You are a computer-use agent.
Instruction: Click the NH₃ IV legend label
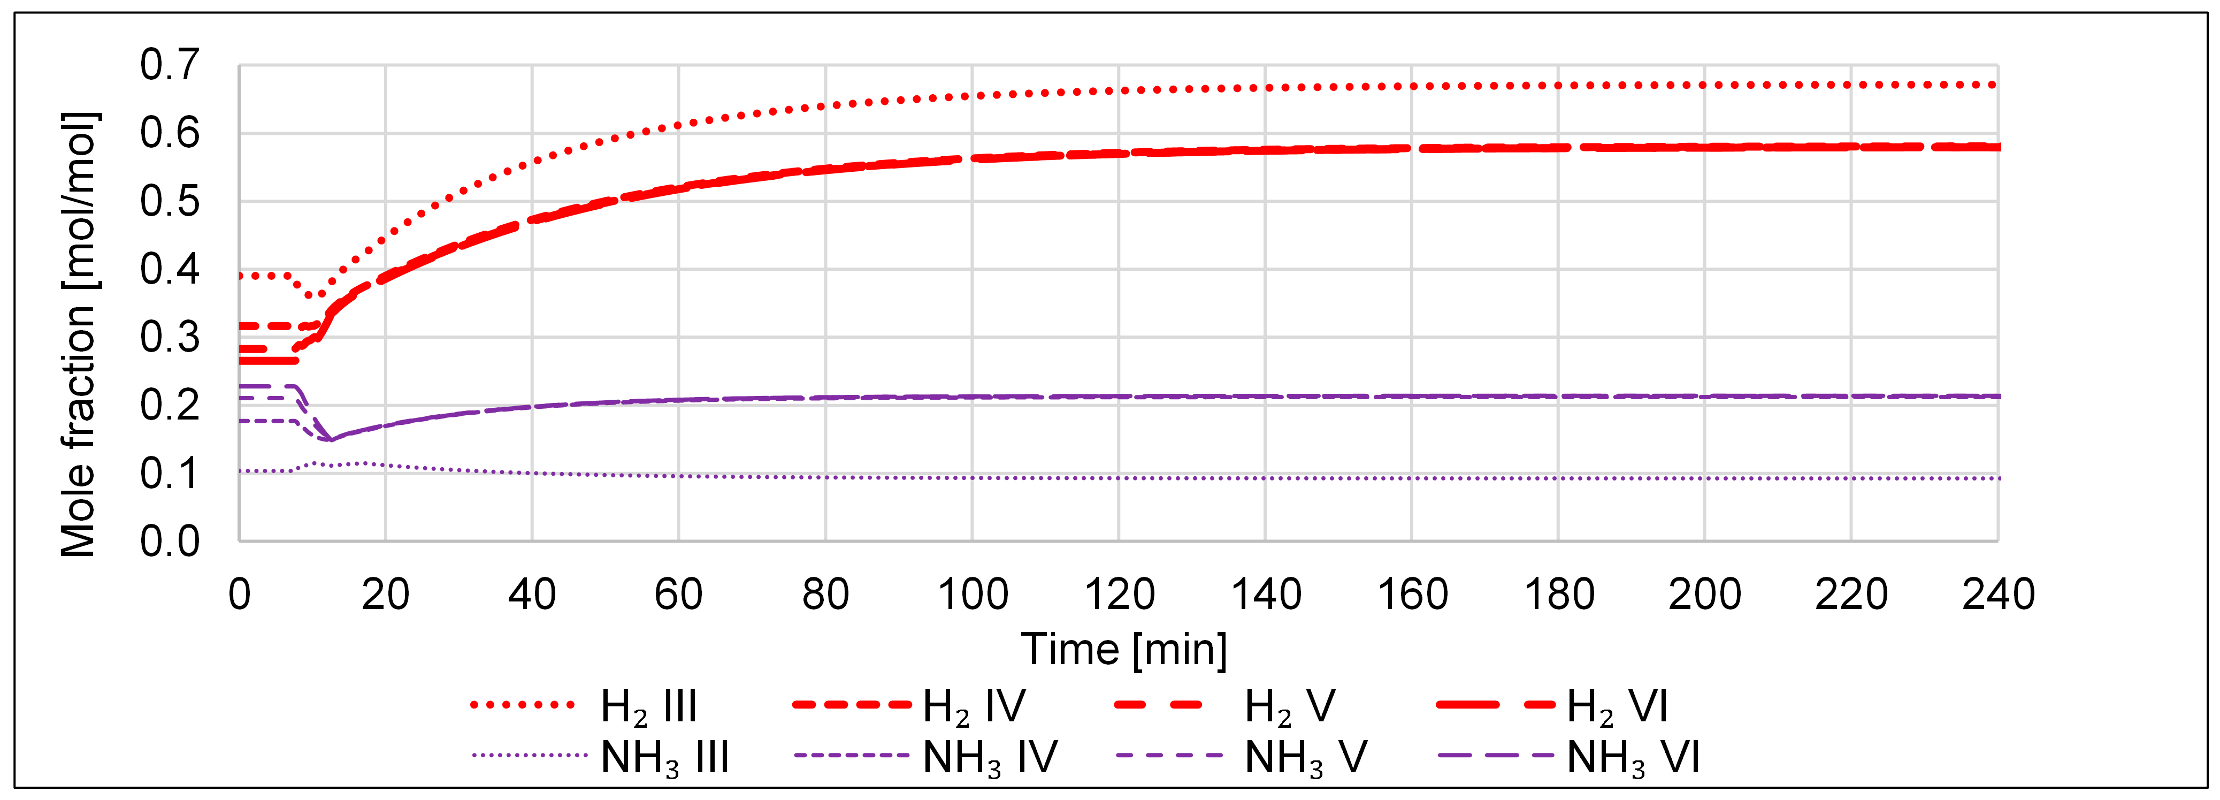[989, 757]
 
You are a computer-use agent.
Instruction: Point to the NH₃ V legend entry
[1306, 757]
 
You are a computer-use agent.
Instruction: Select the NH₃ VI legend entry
[1633, 757]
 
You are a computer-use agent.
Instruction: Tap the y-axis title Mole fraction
[79, 334]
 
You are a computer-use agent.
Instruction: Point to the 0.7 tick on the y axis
[170, 65]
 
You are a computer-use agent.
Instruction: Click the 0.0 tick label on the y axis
[170, 542]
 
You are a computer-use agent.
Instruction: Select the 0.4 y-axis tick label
[170, 270]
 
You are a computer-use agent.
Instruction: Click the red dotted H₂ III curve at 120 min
[1119, 90]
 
